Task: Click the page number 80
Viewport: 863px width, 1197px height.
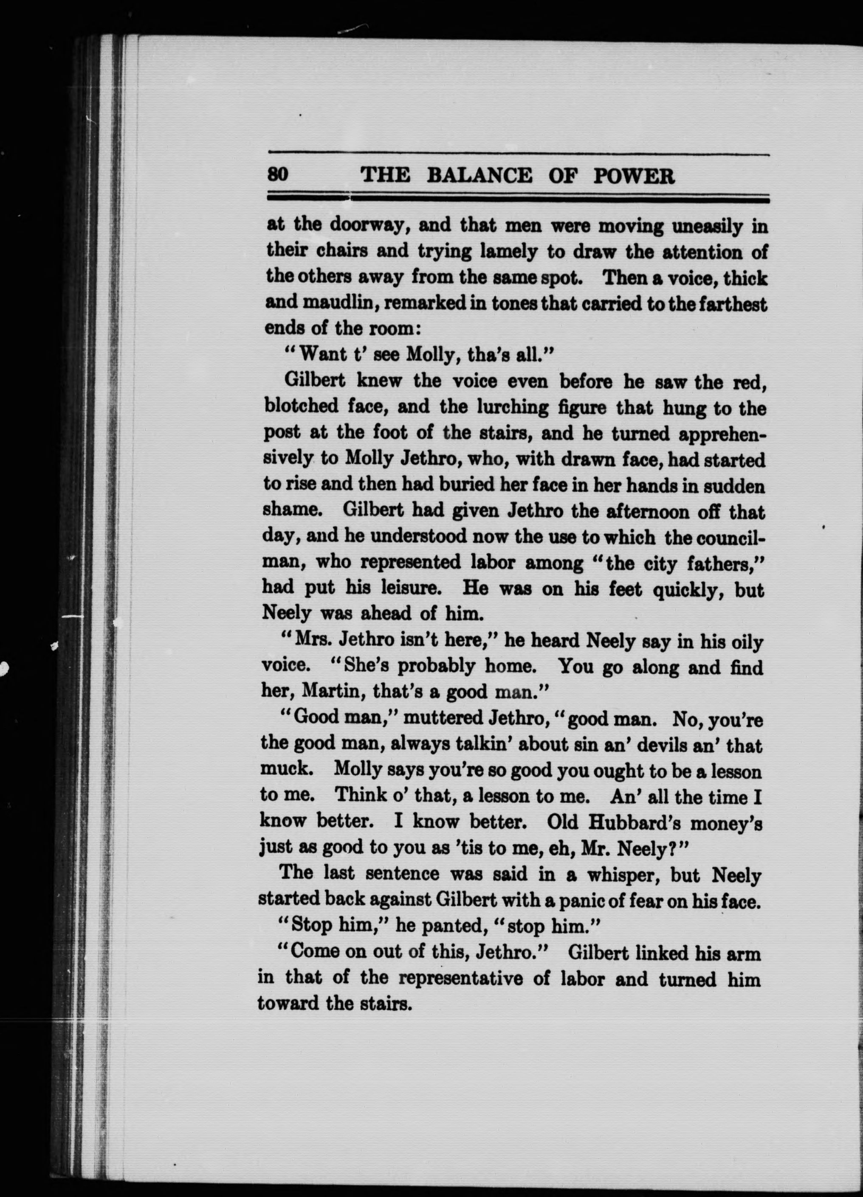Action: [x=277, y=175]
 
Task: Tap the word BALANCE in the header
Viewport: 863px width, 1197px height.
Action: [x=479, y=175]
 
